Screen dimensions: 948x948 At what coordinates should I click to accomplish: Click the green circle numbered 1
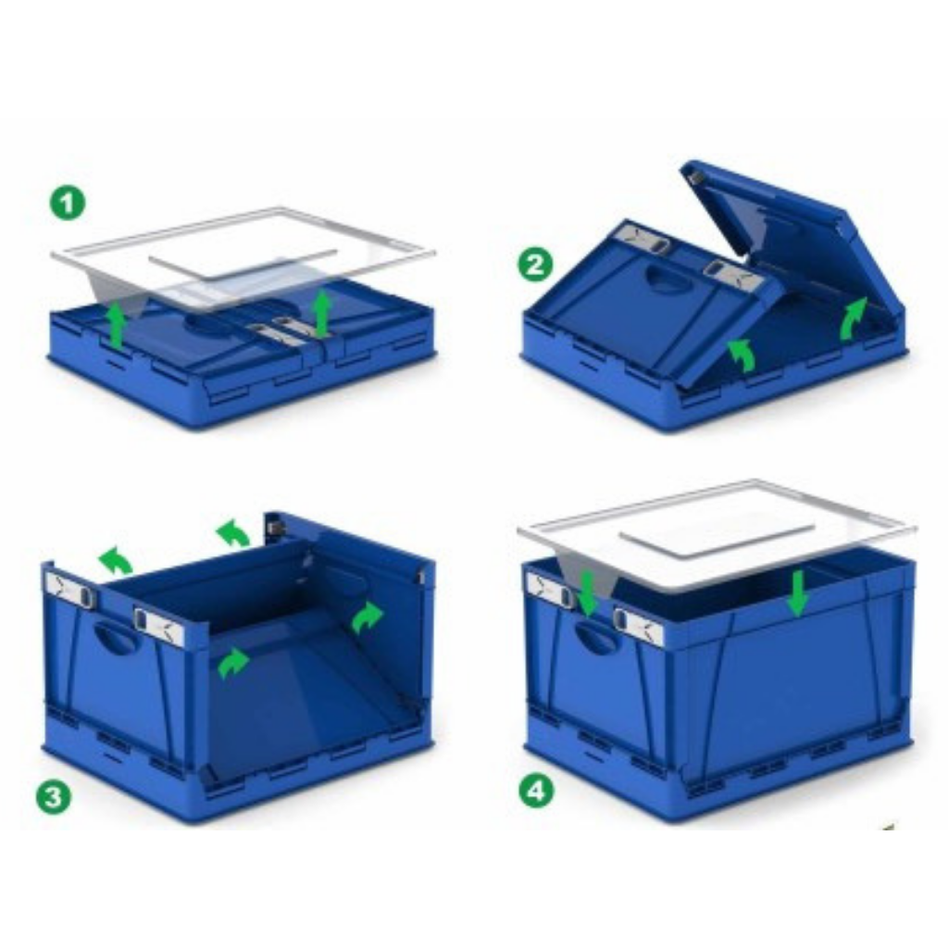tap(69, 203)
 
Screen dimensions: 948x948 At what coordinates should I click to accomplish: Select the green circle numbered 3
tap(53, 797)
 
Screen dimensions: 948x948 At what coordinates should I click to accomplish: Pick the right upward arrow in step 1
tap(321, 315)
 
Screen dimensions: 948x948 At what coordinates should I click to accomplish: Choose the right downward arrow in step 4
tap(797, 593)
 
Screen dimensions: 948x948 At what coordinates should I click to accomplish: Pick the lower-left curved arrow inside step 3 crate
tap(232, 663)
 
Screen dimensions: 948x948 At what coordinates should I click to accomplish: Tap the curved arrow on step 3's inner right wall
tap(367, 617)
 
